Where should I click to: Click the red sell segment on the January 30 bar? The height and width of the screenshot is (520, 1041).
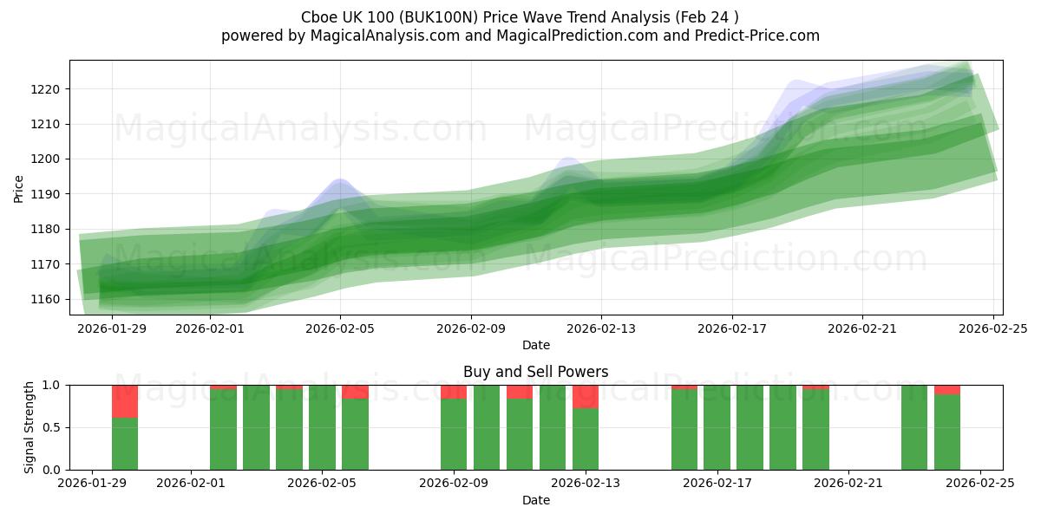point(125,401)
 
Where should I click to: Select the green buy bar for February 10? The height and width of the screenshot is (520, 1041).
point(487,427)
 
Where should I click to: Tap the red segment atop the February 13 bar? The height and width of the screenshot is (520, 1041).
point(586,396)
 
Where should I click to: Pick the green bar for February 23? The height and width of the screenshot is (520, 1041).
point(914,427)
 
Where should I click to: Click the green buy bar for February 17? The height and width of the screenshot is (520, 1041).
point(717,427)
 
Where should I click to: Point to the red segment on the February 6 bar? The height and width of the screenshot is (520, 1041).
point(355,392)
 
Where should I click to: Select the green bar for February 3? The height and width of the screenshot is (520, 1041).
point(256,427)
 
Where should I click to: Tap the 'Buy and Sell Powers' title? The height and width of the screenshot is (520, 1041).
point(535,372)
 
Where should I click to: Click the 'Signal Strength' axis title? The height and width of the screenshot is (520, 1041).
point(29,427)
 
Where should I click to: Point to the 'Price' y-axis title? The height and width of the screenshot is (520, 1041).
point(19,188)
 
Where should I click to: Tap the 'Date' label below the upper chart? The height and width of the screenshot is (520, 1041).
point(535,345)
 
